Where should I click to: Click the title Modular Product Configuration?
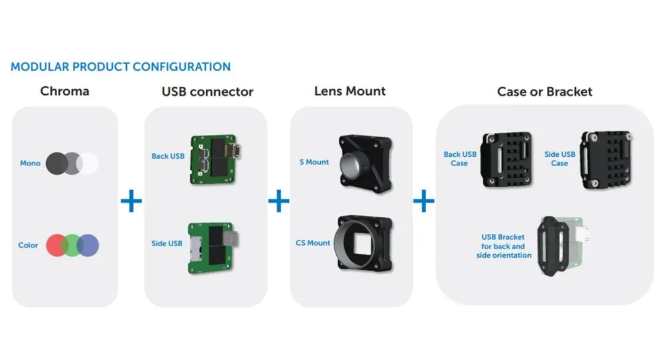(x=121, y=66)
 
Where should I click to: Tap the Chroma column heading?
(x=65, y=91)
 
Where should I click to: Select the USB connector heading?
(x=208, y=92)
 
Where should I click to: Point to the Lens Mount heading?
(x=350, y=91)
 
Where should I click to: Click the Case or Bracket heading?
(x=544, y=92)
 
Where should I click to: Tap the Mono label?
(x=30, y=163)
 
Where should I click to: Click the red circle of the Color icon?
(x=57, y=245)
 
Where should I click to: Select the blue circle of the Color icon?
(x=88, y=245)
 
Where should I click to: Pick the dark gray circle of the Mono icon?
(x=57, y=163)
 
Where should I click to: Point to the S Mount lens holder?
(x=365, y=164)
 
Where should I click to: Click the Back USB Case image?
(x=506, y=159)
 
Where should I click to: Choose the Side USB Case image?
(x=606, y=159)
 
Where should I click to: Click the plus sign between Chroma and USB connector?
(x=132, y=201)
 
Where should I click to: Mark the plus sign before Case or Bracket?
(x=424, y=201)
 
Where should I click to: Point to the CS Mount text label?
(x=313, y=243)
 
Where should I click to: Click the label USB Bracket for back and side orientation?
(x=504, y=246)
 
